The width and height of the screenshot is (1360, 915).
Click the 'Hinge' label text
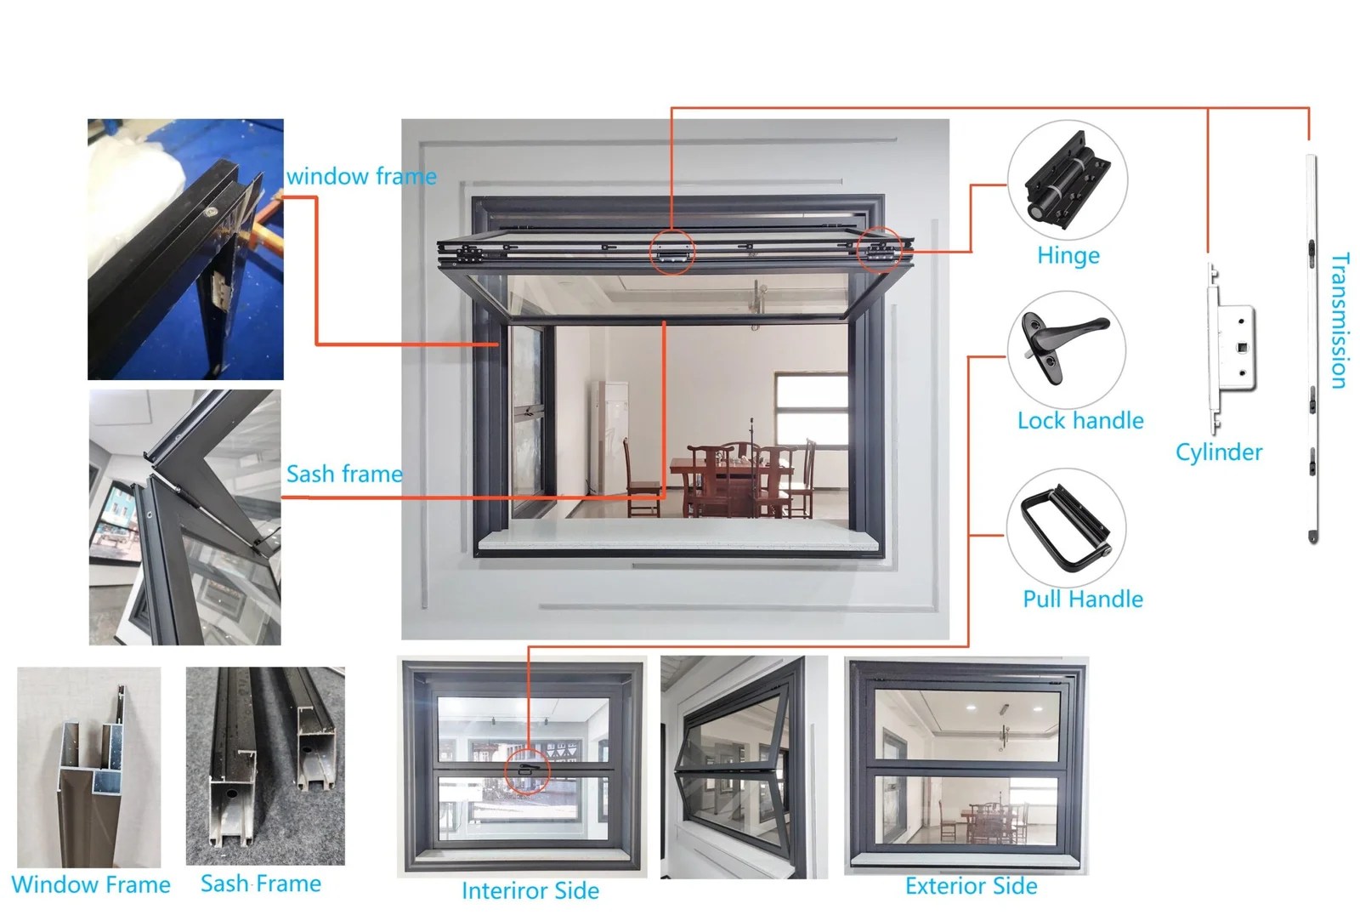tap(1068, 256)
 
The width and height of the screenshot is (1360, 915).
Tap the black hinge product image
tap(1068, 179)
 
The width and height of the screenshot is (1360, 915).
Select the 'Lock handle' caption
tap(1080, 420)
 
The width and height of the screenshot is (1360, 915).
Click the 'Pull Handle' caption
tap(1083, 599)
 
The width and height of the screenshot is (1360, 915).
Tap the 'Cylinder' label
tap(1219, 452)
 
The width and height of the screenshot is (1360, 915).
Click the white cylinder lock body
tap(1229, 348)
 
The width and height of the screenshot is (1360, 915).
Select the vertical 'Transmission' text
tap(1340, 321)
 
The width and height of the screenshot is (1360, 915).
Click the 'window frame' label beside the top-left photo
tap(361, 176)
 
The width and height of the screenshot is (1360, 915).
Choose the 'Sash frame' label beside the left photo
tap(344, 474)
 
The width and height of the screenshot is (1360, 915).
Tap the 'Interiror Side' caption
tap(530, 890)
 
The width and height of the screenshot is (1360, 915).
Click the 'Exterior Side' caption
tap(971, 886)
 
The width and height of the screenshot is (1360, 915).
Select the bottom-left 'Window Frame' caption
tap(91, 884)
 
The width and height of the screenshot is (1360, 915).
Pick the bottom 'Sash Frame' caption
tap(260, 884)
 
